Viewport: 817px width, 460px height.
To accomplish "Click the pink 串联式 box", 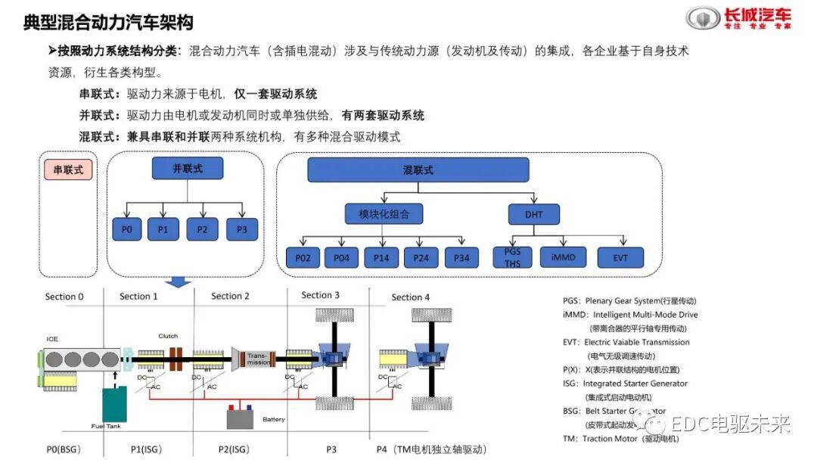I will pyautogui.click(x=68, y=170).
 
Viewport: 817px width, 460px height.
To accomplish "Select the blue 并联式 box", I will pyautogui.click(x=188, y=168).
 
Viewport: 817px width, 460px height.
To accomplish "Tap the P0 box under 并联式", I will pyautogui.click(x=128, y=229).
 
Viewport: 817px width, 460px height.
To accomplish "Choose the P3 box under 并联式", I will pyautogui.click(x=241, y=229).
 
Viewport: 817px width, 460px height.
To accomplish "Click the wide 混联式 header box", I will pyautogui.click(x=418, y=170).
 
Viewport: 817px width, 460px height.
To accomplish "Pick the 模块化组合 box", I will pyautogui.click(x=384, y=214).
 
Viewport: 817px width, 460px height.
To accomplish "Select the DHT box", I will pyautogui.click(x=534, y=214).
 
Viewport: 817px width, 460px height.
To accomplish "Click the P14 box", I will pyautogui.click(x=381, y=258).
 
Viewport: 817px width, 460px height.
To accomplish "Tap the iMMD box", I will pyautogui.click(x=563, y=257).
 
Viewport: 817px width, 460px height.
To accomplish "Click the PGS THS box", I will pyautogui.click(x=512, y=257).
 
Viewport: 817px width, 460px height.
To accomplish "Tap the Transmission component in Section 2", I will pyautogui.click(x=256, y=359).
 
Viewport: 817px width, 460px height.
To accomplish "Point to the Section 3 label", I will pyautogui.click(x=320, y=295).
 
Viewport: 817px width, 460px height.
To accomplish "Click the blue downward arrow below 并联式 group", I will pyautogui.click(x=179, y=282).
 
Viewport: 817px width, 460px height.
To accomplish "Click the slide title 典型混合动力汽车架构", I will pyautogui.click(x=108, y=23).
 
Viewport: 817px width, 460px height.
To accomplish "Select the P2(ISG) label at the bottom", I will pyautogui.click(x=235, y=449).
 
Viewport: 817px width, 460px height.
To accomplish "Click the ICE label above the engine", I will pyautogui.click(x=52, y=338).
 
